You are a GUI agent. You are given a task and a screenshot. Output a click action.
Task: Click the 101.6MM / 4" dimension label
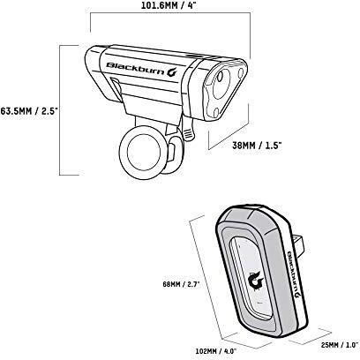[169, 5]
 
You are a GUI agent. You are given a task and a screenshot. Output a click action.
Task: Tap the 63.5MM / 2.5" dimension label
[29, 111]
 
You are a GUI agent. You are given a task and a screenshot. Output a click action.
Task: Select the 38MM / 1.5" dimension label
[257, 146]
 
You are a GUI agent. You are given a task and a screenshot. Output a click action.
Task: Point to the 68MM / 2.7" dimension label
[181, 284]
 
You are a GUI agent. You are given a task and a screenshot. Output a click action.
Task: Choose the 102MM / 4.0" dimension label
[216, 351]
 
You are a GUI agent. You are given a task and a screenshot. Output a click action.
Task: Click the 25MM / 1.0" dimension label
[340, 345]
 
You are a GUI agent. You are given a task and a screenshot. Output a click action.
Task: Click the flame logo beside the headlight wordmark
[172, 72]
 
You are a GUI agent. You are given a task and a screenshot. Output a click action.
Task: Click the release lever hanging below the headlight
[188, 129]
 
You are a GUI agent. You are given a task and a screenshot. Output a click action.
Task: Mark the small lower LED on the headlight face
[215, 112]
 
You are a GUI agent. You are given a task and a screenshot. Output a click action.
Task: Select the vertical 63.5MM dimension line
[60, 110]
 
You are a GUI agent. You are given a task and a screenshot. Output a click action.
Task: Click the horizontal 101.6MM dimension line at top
[170, 12]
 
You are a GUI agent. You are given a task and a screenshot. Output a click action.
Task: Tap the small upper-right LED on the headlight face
[241, 73]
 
